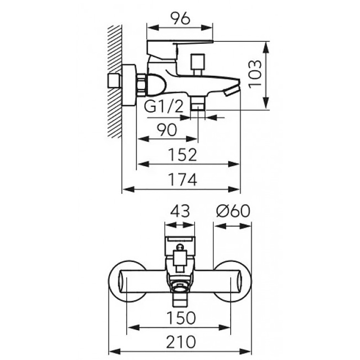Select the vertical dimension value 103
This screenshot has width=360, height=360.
click(255, 75)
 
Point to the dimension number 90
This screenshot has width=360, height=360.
click(167, 130)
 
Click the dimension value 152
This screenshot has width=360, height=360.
click(183, 155)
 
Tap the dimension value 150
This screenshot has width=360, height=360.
click(181, 318)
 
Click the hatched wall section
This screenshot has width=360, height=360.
click(114, 81)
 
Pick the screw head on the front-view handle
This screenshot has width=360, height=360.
click(180, 247)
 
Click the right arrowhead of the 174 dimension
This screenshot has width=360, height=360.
click(234, 189)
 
